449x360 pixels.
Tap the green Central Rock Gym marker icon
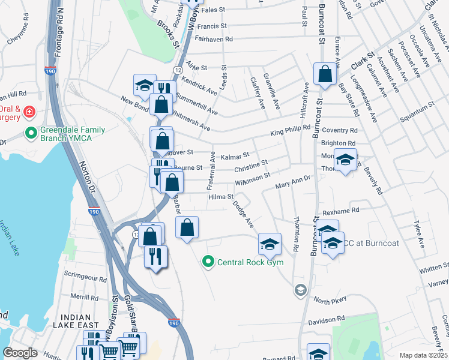pyautogui.click(x=208, y=262)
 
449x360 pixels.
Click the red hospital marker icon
pyautogui.click(x=29, y=112)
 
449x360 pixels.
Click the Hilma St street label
pyautogui.click(x=220, y=196)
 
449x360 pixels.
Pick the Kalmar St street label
pyautogui.click(x=235, y=157)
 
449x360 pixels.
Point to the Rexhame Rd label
pyautogui.click(x=340, y=211)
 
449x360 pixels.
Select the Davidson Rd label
pyautogui.click(x=324, y=319)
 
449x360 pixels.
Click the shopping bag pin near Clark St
pyautogui.click(x=325, y=75)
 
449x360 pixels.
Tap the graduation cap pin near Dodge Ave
pyautogui.click(x=270, y=244)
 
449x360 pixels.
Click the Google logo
pyautogui.click(x=20, y=353)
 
